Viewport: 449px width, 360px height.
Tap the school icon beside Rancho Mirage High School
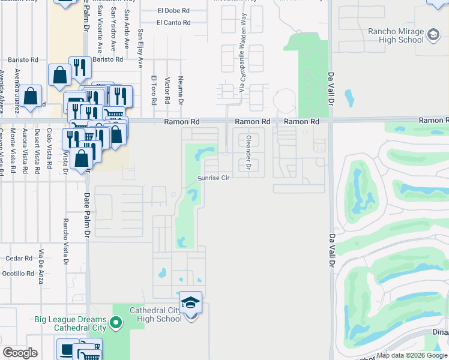(432, 35)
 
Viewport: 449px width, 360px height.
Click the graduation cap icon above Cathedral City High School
(190, 302)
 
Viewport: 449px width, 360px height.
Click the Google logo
(20, 353)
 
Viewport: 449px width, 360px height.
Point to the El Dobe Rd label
(173, 10)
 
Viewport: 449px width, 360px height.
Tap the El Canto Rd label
(173, 23)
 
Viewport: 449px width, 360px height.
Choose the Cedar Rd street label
(19, 259)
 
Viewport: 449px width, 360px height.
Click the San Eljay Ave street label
(140, 47)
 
